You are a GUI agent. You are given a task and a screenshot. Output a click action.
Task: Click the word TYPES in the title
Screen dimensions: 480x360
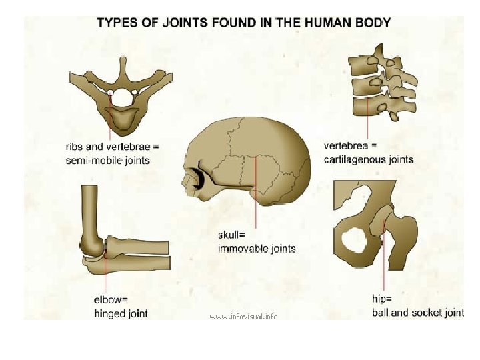(x=118, y=23)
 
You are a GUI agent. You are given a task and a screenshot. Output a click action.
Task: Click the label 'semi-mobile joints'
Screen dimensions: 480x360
(x=107, y=160)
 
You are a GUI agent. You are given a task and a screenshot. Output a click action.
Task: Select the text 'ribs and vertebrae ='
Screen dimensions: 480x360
(x=112, y=146)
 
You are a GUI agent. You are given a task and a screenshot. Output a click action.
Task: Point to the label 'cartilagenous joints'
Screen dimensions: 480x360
(x=368, y=159)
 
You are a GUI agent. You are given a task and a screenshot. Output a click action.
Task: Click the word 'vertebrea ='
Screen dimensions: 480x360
(x=350, y=145)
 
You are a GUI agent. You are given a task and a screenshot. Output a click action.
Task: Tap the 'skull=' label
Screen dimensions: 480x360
(x=232, y=235)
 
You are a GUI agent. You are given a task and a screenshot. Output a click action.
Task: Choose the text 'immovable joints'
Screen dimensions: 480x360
(x=256, y=249)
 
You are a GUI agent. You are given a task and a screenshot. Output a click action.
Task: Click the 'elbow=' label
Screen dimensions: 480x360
(x=111, y=299)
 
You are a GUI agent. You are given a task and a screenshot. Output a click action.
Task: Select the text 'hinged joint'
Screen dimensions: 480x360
(x=121, y=313)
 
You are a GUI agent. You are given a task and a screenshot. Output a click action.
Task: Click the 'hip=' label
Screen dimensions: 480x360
(x=382, y=299)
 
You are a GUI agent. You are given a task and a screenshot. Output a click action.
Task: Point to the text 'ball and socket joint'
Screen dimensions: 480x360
(x=417, y=312)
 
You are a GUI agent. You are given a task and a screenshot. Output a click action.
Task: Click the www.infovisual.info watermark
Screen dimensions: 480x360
(x=243, y=316)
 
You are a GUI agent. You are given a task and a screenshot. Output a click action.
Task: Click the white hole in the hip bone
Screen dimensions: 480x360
(x=354, y=240)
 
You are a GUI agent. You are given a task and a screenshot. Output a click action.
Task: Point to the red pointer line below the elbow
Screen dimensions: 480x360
(x=105, y=273)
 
